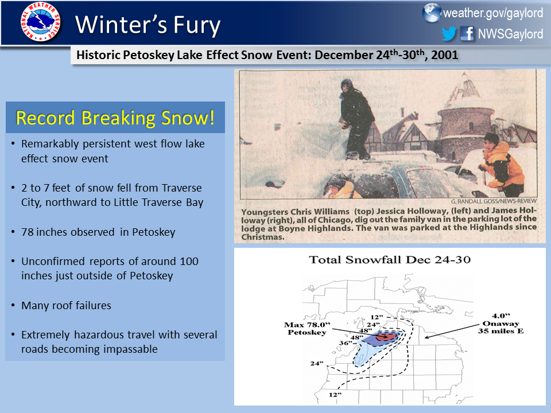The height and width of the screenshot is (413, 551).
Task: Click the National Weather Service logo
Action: click(40, 23)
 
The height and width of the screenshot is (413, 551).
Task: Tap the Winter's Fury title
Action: click(148, 24)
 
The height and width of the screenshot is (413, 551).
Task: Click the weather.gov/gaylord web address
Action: click(492, 13)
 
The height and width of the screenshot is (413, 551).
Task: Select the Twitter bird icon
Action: click(449, 34)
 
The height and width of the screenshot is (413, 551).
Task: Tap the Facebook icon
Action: click(468, 34)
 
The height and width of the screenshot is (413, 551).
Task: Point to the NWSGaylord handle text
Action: click(510, 34)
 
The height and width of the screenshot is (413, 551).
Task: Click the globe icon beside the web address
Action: click(431, 13)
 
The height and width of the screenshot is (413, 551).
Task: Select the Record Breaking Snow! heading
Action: click(115, 118)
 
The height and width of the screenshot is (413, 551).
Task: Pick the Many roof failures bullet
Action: click(66, 305)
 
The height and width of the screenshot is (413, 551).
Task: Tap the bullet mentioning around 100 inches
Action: click(109, 268)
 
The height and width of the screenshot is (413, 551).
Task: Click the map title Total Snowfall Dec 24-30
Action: click(390, 260)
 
